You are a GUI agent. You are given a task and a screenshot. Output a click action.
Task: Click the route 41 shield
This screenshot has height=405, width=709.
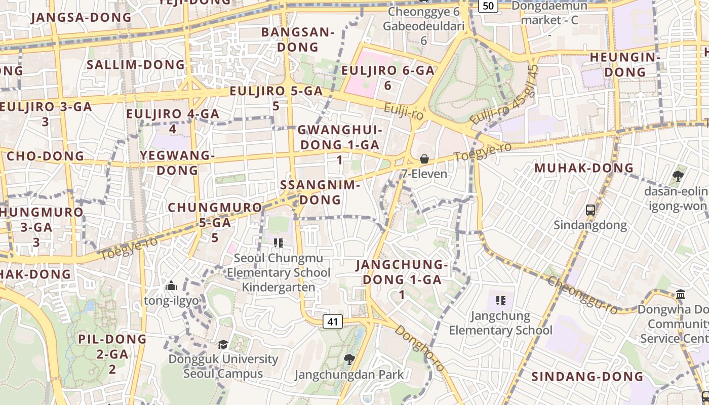click(332, 321)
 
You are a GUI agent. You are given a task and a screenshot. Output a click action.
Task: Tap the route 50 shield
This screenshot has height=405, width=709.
click(488, 6)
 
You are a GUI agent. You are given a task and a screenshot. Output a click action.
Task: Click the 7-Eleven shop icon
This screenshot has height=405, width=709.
click(424, 159)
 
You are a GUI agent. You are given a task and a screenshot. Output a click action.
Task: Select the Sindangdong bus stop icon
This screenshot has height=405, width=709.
click(590, 210)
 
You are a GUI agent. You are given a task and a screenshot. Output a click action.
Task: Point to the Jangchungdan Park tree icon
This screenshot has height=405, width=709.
click(348, 359)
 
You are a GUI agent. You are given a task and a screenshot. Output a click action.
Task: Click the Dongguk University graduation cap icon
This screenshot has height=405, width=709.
click(223, 345)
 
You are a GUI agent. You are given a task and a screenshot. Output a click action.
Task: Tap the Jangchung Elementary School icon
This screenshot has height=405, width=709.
click(501, 301)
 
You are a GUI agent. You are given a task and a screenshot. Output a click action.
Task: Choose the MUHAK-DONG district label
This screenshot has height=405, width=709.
click(584, 168)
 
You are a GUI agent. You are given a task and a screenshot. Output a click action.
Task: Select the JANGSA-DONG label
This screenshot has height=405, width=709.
click(81, 18)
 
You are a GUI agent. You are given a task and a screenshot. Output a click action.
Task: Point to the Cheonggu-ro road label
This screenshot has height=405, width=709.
click(582, 296)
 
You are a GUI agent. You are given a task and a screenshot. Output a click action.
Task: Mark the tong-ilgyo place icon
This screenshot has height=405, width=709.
click(171, 286)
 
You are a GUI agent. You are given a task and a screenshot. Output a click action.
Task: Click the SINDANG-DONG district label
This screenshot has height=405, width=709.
click(587, 377)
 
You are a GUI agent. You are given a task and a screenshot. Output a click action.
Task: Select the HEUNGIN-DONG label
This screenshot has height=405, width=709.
click(625, 65)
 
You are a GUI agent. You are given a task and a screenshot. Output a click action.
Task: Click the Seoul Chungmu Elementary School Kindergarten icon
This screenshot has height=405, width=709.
click(278, 243)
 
